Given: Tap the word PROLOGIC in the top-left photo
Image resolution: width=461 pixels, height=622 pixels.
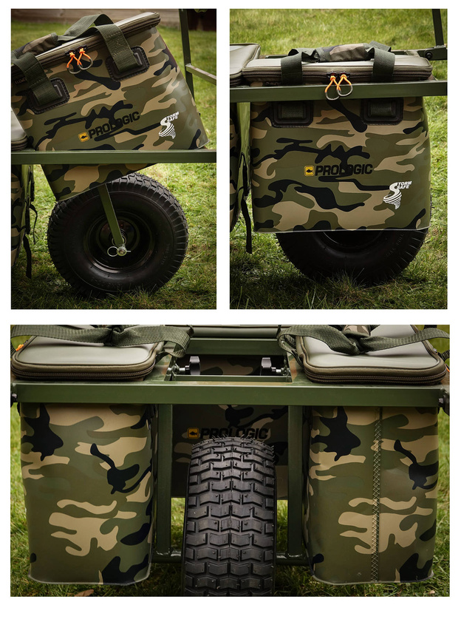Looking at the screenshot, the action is [115, 125].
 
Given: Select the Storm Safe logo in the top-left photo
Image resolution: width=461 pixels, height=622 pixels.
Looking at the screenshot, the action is [168, 124].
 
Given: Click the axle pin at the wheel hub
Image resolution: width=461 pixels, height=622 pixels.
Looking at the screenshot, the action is [118, 250].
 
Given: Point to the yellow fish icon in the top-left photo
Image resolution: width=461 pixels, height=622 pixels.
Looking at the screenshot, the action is [83, 137].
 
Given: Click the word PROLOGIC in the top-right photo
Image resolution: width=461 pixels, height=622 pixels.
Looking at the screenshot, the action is [344, 170].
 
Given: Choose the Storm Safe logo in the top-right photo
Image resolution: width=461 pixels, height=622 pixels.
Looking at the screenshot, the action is [397, 195].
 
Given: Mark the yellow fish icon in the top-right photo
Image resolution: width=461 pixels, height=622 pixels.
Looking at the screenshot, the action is [310, 171].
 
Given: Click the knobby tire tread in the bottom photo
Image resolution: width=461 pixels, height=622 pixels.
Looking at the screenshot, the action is [230, 515].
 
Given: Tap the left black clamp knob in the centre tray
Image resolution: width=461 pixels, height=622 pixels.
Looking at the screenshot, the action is [194, 365].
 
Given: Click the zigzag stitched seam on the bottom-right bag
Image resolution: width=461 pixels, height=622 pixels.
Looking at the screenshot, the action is [375, 493].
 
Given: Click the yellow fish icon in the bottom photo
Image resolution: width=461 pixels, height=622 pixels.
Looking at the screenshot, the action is [194, 433].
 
